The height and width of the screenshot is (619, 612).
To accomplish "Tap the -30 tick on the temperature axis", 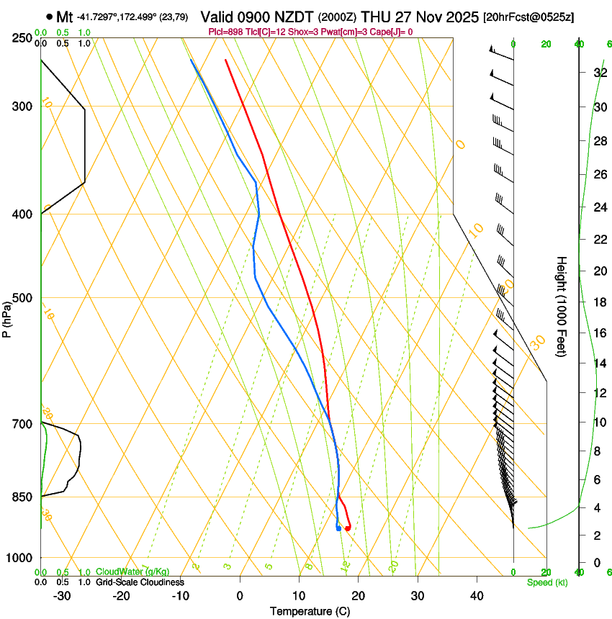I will (62, 596).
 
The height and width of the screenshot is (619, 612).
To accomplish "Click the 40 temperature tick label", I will (476, 596).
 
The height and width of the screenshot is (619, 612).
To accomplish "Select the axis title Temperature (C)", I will (310, 611).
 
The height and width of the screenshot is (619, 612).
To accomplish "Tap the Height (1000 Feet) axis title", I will (562, 306).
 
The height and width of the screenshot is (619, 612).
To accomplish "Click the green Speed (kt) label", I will (546, 582).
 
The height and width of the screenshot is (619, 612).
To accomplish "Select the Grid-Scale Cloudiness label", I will (140, 582).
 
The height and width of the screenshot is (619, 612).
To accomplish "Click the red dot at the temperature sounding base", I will (348, 528).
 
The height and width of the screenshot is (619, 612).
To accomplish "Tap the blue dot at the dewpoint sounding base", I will (338, 528).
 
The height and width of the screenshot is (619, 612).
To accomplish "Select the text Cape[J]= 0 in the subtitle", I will (389, 32).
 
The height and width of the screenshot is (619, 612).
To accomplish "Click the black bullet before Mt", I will (49, 17).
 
